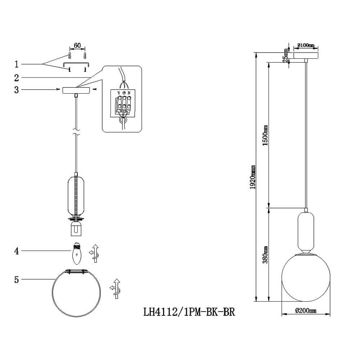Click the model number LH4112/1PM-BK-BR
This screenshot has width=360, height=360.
point(189,312)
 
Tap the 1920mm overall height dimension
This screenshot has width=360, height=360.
point(253,177)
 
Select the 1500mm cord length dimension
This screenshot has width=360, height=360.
point(265,135)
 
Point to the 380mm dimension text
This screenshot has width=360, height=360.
point(265,255)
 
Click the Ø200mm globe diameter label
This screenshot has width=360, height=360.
point(306,311)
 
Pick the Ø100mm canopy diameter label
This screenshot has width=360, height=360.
point(306,45)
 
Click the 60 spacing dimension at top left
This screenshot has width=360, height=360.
point(77,45)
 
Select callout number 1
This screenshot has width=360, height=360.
point(16,64)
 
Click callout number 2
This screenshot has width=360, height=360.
point(16,78)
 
